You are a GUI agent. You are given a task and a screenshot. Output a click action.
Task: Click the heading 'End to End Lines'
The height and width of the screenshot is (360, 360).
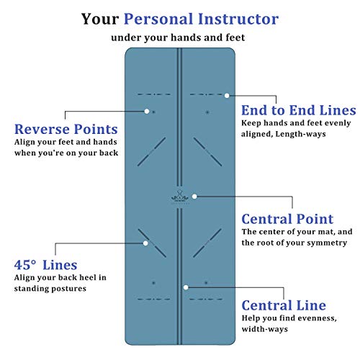[299, 110]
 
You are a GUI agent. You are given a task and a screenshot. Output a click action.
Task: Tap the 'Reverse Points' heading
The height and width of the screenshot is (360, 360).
[66, 129]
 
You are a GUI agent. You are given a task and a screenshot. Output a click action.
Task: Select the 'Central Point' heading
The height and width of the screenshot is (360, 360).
[287, 219]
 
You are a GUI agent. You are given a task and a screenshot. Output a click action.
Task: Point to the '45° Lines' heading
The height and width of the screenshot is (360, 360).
[45, 265]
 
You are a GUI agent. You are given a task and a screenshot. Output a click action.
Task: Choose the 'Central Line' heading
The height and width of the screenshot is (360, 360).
[284, 305]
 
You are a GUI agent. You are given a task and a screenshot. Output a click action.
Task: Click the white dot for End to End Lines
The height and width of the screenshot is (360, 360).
[227, 96]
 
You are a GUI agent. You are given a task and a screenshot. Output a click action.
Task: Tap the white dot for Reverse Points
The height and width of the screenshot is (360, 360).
[147, 112]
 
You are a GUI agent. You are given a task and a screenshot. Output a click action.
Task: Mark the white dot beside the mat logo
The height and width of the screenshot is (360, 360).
[194, 197]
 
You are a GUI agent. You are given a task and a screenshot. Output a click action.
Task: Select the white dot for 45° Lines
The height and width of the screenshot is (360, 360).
[145, 243]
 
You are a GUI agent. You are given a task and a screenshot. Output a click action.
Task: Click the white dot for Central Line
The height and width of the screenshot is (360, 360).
[186, 287]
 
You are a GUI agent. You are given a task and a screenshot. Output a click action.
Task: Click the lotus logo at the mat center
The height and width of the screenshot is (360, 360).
[180, 197]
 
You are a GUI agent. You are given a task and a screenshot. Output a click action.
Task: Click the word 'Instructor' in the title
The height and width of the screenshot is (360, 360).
[238, 19]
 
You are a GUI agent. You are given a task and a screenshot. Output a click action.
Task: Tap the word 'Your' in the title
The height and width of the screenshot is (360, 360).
[100, 19]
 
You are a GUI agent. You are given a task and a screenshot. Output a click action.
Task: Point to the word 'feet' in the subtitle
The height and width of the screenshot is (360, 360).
[235, 37]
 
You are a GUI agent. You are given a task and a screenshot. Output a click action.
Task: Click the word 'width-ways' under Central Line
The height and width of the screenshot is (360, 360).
[264, 329]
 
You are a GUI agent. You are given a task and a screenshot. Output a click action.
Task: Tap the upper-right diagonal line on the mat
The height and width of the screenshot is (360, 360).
[207, 152]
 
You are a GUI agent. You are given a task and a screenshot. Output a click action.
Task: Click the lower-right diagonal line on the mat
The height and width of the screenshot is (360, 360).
[207, 243]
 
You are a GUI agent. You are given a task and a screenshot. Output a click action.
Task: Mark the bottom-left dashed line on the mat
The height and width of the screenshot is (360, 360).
[154, 300]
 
